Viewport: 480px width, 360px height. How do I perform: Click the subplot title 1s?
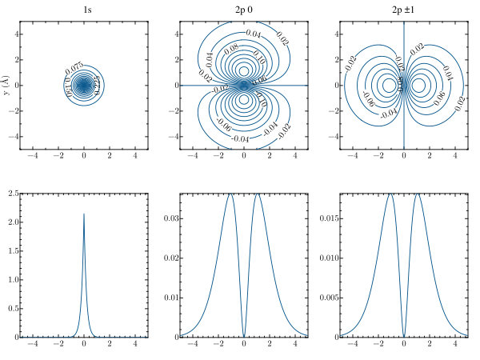point(84,10)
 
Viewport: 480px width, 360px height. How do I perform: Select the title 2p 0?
point(244,10)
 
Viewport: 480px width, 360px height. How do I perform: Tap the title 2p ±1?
point(404,10)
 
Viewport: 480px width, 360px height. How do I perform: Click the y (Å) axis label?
point(6,85)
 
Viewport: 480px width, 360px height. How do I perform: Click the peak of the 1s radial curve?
point(84,214)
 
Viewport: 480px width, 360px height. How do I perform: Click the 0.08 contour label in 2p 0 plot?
point(233,49)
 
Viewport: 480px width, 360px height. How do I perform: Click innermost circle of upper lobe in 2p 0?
point(244,70)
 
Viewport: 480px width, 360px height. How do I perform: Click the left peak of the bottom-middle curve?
point(230,194)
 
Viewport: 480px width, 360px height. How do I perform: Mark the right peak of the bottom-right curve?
point(418,194)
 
